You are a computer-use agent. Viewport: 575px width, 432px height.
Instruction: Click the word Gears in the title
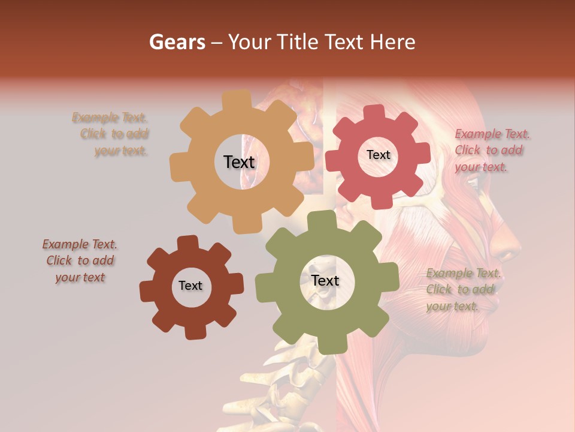tap(177, 42)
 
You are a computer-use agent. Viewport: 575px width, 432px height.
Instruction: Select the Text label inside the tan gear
tap(239, 162)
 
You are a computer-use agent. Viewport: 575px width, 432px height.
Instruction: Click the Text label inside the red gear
tap(378, 155)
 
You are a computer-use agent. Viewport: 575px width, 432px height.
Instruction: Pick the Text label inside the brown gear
tap(190, 286)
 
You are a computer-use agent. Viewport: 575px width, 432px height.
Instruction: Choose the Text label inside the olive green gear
tap(325, 281)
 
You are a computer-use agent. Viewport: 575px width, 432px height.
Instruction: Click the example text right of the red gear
tap(491, 151)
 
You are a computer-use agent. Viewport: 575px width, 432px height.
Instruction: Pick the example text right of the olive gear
tap(463, 290)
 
